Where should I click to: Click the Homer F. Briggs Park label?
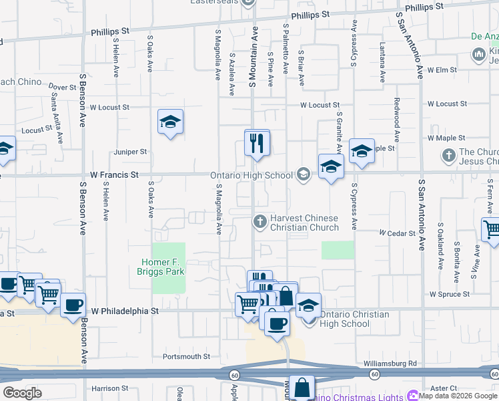(163, 267)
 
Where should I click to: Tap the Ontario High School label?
(252, 176)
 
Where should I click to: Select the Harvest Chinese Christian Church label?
(304, 223)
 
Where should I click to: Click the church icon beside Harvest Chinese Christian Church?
(260, 220)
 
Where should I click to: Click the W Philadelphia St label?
(125, 311)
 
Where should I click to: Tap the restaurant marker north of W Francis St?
(257, 143)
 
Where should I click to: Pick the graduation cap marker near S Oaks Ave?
(171, 122)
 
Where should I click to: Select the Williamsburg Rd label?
(390, 364)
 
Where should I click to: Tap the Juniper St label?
(129, 152)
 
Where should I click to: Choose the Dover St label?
(63, 88)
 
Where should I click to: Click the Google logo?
(22, 393)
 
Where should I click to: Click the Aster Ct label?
(444, 388)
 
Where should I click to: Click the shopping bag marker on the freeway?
(302, 387)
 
